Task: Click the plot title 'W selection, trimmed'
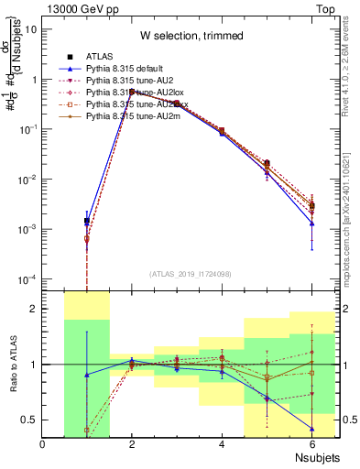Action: point(191,36)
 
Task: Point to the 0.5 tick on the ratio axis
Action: point(29,420)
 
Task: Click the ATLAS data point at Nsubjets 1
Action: point(87,221)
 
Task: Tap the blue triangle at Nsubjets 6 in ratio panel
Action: point(311,428)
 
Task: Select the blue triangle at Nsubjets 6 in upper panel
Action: point(311,224)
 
